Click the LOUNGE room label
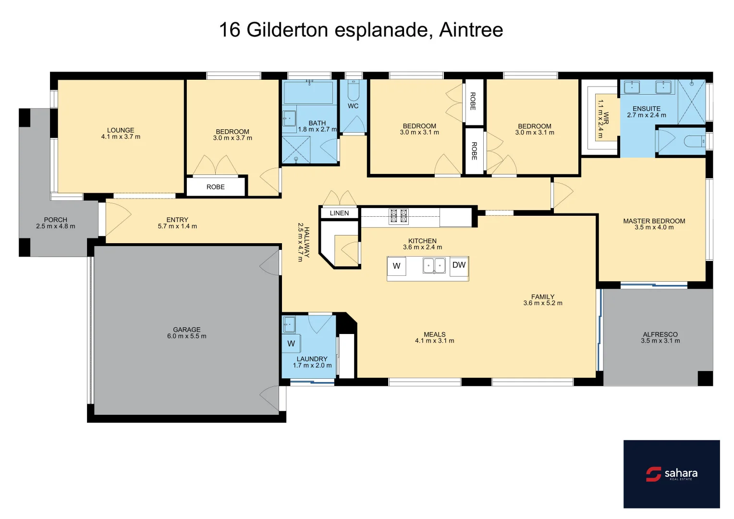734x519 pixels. coord(121,130)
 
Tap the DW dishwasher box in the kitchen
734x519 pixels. coord(459,265)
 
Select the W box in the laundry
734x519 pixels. coord(291,344)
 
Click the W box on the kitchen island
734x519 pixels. coord(396,266)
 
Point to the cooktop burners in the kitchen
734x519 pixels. coord(398,216)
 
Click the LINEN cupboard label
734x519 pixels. coord(339,213)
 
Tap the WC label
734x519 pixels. coord(353,106)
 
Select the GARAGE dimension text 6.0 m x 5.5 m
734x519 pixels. coord(186,336)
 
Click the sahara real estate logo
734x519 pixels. coord(671,474)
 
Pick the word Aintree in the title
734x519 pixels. coord(471,30)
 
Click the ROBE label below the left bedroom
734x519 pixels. coord(216,187)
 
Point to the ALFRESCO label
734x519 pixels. coord(660,334)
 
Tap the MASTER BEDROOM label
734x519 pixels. coord(654,221)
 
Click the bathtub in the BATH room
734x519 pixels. coord(309,92)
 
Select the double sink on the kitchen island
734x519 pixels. coord(434,265)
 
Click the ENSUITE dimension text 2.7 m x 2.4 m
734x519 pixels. coord(646,115)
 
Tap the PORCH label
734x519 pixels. coord(56,220)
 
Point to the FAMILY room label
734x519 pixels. coord(542,297)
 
